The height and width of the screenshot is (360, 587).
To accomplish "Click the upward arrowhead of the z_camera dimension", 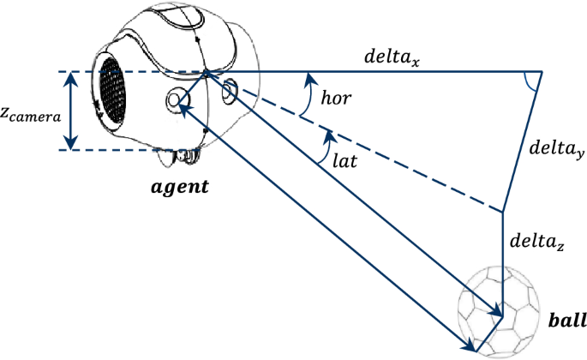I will [71, 78].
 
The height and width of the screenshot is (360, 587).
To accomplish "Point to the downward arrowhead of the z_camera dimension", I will [71, 143].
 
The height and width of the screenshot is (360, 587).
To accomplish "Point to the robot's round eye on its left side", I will [177, 100].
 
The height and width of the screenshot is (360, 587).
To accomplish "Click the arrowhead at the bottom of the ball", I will [470, 346].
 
